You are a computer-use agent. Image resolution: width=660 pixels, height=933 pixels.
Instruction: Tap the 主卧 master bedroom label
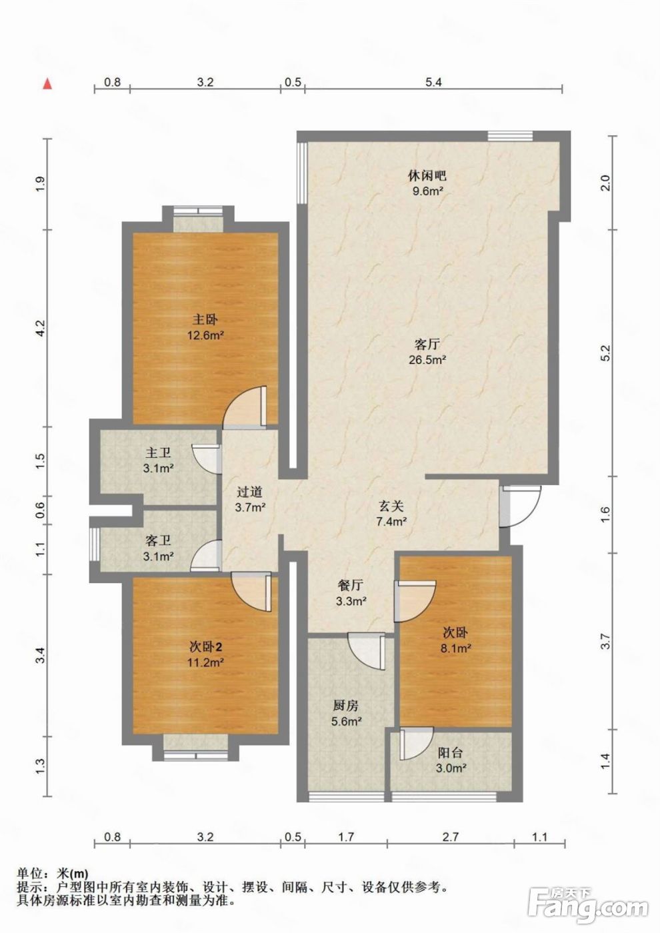click(205, 320)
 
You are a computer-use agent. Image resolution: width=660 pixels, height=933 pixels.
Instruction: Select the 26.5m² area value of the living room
click(427, 361)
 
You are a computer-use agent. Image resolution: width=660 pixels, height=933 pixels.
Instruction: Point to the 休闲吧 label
click(427, 176)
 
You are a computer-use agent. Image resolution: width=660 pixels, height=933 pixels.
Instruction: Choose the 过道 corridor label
click(249, 492)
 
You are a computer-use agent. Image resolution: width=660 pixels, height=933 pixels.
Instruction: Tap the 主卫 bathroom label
click(159, 453)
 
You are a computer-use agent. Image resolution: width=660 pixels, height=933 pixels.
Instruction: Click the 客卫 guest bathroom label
click(159, 541)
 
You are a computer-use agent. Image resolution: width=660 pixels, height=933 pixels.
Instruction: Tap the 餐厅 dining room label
click(351, 586)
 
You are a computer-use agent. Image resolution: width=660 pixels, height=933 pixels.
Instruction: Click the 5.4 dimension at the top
click(433, 82)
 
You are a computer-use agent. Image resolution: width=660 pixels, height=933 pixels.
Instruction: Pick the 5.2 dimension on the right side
click(605, 353)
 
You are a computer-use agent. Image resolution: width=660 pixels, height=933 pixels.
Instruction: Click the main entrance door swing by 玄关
click(521, 506)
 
